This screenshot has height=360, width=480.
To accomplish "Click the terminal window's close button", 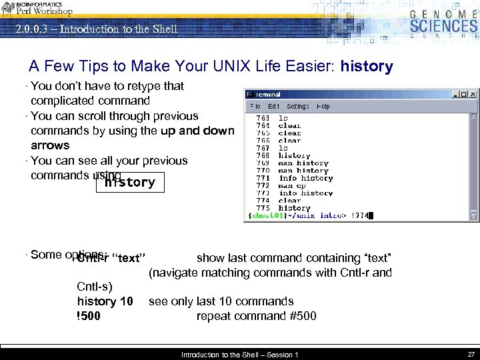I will [473, 95].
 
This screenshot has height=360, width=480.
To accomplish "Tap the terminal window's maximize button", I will [465, 95].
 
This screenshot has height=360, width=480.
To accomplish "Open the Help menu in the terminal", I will [323, 107].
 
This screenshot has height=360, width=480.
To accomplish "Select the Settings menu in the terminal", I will [298, 107].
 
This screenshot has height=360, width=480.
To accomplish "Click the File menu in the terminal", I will [255, 107].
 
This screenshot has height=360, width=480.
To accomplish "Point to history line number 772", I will [263, 185].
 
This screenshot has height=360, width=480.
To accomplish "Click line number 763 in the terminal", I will [263, 118].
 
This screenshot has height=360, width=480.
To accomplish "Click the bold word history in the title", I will [367, 67].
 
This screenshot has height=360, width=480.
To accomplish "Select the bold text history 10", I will [105, 301].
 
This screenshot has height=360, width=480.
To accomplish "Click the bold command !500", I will [89, 316].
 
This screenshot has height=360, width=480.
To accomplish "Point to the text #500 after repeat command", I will [303, 316].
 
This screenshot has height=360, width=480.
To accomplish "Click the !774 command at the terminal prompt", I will [359, 215].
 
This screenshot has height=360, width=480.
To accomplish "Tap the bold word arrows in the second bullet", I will [50, 145].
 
